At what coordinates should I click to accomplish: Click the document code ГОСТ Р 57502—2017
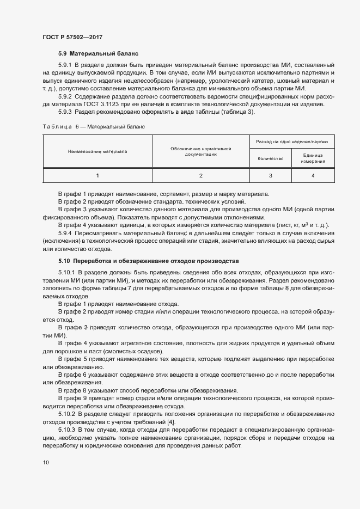[72, 37]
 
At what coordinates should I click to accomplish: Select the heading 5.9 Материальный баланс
[99, 54]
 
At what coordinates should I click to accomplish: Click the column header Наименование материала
[97, 151]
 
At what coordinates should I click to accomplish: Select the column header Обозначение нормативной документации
[200, 151]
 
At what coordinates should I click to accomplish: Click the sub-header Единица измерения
[313, 158]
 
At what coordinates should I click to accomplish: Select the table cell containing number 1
[97, 175]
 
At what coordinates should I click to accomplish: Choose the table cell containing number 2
[200, 175]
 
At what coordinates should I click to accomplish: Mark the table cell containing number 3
[270, 175]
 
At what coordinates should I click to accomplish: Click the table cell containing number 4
[313, 175]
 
